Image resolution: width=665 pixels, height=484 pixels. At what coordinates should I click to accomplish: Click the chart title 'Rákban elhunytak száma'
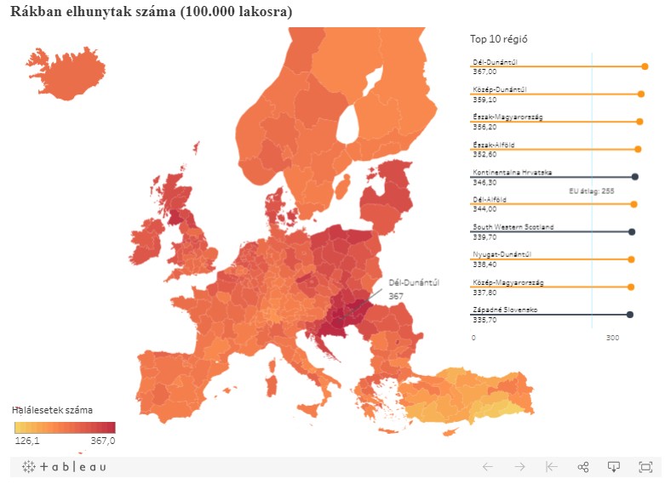coord(150,12)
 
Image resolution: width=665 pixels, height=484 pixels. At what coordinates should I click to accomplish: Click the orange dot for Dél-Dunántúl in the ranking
coord(645,66)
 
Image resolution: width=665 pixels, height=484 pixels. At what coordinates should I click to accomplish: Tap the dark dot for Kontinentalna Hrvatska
coord(635,176)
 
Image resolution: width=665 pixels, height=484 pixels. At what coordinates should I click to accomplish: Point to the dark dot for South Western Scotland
coord(632,231)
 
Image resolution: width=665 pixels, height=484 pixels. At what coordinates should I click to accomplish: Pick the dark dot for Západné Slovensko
coord(630,315)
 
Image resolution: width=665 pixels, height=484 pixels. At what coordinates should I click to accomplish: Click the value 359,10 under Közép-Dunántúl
coord(484,100)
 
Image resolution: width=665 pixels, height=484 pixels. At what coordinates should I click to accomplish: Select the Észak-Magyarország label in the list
coord(507,117)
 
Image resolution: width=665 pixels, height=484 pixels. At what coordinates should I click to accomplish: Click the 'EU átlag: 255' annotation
coord(592,191)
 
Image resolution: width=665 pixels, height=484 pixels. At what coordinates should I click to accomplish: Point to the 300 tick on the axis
coord(612,338)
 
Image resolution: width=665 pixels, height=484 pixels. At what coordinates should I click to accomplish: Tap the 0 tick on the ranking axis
coord(474,338)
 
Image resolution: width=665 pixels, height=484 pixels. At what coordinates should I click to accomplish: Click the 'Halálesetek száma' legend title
coord(53,409)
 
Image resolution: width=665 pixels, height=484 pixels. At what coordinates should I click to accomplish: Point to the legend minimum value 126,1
coord(27,441)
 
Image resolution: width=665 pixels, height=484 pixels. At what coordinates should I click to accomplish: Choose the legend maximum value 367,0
coord(103,441)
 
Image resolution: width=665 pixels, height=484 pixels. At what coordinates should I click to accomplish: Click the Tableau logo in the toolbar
coord(65,467)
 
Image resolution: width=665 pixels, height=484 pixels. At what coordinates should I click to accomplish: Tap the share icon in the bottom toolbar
coord(583,467)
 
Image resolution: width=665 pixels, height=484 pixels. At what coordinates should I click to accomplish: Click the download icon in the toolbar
coord(612,467)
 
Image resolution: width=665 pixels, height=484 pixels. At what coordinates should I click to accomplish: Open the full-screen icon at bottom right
coord(645,467)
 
